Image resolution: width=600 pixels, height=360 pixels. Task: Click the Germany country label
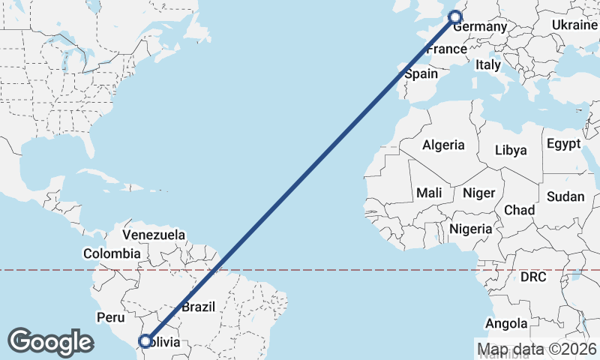click(x=481, y=27)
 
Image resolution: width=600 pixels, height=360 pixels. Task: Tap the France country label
click(x=446, y=49)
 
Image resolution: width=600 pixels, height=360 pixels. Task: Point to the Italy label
click(x=487, y=65)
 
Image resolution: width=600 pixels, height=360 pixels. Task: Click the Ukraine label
click(x=574, y=25)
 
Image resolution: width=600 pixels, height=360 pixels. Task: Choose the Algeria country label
click(x=443, y=145)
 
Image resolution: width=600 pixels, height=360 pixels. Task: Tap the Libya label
click(x=511, y=150)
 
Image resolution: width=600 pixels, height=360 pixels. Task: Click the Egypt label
click(x=563, y=143)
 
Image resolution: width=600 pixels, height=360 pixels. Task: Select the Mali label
click(x=429, y=193)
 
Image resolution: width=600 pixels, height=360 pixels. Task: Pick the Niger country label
click(x=478, y=193)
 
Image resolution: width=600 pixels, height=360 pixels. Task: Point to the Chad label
click(x=519, y=209)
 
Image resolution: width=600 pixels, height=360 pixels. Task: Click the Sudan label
click(x=565, y=196)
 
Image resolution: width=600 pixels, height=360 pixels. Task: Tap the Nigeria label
click(x=471, y=229)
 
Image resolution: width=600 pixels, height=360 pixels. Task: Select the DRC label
click(x=533, y=277)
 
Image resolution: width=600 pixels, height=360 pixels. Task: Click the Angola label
click(x=506, y=324)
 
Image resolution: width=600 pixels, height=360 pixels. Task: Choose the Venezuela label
click(x=154, y=235)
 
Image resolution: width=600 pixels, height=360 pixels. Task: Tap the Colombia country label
click(x=112, y=253)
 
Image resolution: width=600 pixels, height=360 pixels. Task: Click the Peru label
click(x=110, y=317)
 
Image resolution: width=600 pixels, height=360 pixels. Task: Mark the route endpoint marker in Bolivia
click(x=145, y=342)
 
